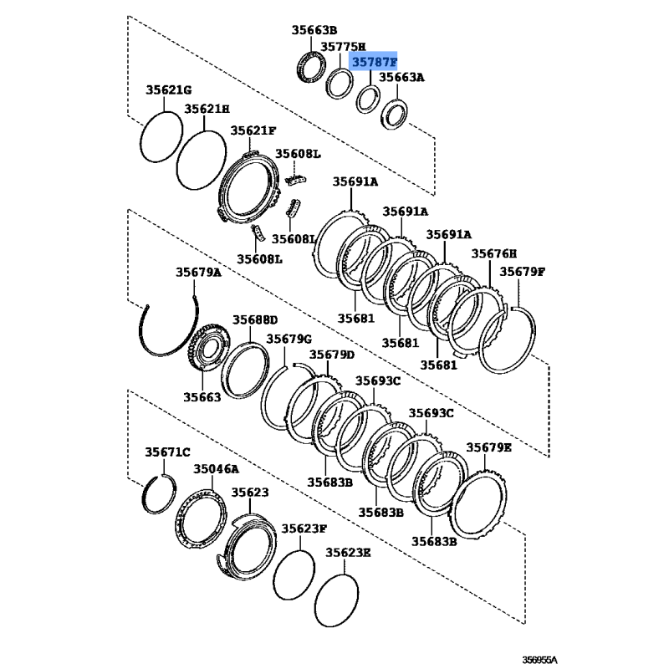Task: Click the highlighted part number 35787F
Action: tap(374, 62)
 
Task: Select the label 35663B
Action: tap(314, 30)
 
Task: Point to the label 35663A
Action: tap(402, 77)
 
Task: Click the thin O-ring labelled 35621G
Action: tap(159, 136)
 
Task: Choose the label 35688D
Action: tap(255, 319)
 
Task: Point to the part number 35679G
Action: tap(289, 339)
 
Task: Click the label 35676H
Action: tap(494, 253)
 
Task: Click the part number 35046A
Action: tap(216, 470)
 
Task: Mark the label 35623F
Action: tap(304, 529)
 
